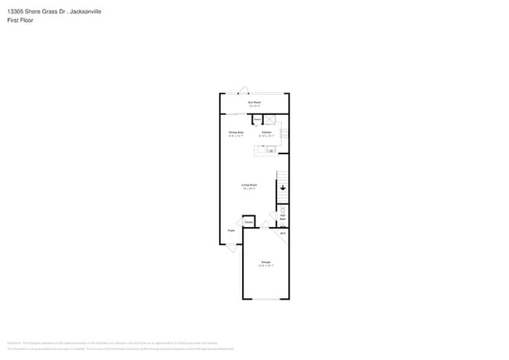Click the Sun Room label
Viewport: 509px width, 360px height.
tap(254, 103)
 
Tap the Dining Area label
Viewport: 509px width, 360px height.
tap(236, 133)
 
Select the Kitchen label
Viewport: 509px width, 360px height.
tap(267, 133)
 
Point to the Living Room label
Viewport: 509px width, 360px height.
tap(250, 185)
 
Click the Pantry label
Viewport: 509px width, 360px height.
tap(257, 119)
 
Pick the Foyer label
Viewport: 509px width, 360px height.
tap(231, 231)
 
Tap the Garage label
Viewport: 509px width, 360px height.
tap(265, 262)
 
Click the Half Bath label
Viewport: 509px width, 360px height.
tap(283, 217)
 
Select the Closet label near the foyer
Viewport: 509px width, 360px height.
tap(248, 223)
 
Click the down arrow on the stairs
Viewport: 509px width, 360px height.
tap(283, 188)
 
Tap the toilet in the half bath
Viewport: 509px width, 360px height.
tap(283, 209)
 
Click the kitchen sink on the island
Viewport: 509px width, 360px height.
tap(271, 150)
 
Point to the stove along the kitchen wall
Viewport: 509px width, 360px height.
tap(285, 134)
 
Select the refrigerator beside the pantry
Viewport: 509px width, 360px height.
tap(269, 120)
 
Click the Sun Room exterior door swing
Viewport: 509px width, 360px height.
tap(244, 89)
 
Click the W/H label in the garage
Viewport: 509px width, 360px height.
tap(283, 233)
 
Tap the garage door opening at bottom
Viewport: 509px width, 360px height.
tap(265, 299)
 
